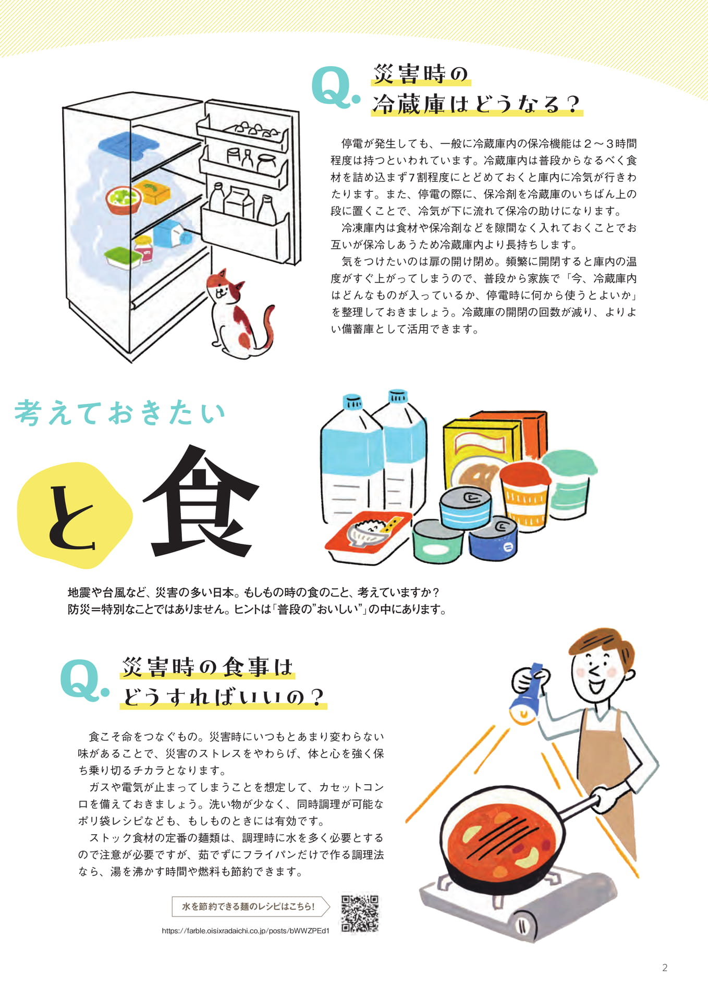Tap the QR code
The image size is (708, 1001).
pos(360,913)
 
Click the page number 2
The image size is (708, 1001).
pos(665,968)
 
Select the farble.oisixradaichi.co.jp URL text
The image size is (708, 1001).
pos(246,931)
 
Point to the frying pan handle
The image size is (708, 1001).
pos(573,808)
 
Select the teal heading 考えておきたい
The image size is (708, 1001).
pos(120,413)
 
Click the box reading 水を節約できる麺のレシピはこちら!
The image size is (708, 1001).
pos(251,907)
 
